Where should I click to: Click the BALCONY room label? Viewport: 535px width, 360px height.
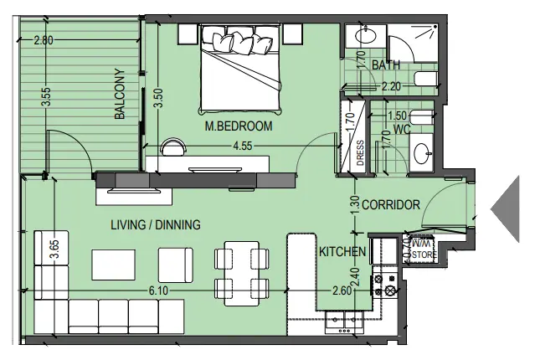tap(120, 94)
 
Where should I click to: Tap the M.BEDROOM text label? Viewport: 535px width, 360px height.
tap(239, 126)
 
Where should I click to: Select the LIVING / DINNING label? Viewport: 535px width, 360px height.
tap(156, 224)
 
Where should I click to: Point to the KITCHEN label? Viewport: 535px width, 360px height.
tap(342, 251)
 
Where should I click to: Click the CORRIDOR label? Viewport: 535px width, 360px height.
tap(390, 204)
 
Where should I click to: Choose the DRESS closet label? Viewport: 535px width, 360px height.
tap(360, 153)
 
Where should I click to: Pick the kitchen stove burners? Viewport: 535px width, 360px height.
tap(388, 283)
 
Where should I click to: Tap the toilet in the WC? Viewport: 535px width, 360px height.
tap(423, 118)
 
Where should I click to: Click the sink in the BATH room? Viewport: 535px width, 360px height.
tap(367, 35)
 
